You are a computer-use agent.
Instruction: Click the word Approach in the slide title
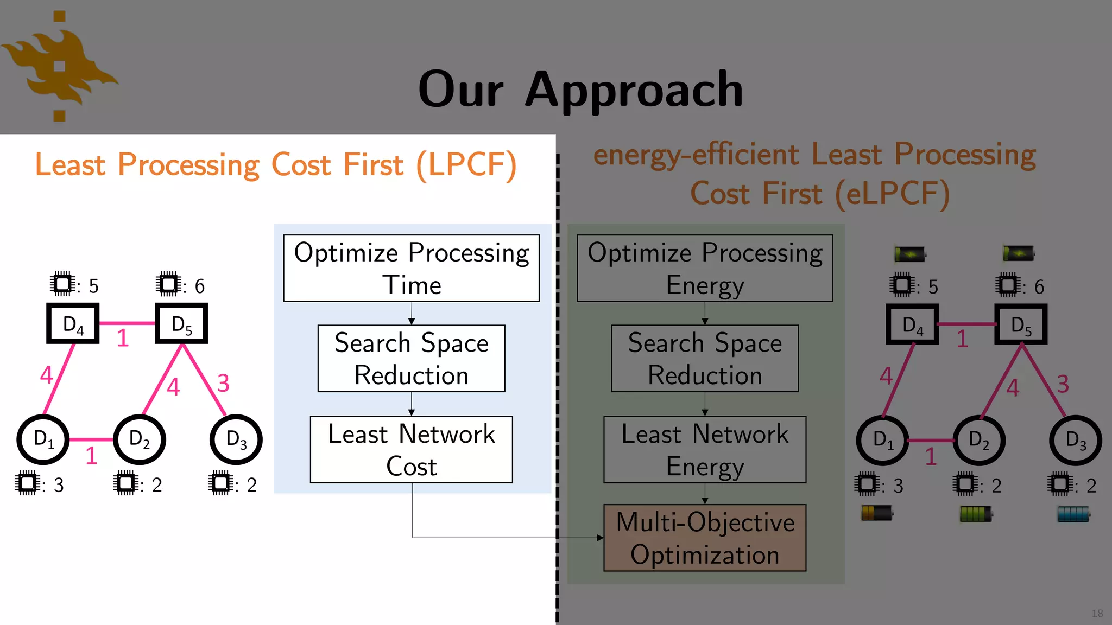tap(634, 90)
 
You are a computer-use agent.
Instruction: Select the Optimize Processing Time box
tap(411, 268)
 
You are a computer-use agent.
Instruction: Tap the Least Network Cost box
tap(411, 449)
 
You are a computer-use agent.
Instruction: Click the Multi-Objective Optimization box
tap(705, 538)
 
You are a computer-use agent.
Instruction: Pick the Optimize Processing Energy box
tap(705, 268)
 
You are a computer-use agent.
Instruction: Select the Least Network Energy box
tap(705, 449)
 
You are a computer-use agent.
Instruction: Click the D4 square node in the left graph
tap(73, 324)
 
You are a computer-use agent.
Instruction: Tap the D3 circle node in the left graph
tap(236, 439)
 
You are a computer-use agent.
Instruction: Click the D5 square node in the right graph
tap(1021, 324)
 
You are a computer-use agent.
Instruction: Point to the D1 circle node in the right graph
tap(882, 440)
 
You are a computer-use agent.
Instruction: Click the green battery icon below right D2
tap(976, 514)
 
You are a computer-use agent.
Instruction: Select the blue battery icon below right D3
tap(1073, 514)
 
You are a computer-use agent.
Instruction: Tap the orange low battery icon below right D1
tap(877, 513)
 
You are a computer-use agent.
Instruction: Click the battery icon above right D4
tap(910, 253)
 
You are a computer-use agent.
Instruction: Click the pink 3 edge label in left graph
tap(223, 384)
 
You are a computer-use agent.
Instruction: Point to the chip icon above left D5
tap(168, 284)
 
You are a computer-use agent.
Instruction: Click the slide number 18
tap(1097, 613)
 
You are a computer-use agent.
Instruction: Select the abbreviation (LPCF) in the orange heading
tap(466, 164)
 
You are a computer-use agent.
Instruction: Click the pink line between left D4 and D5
tap(127, 323)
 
